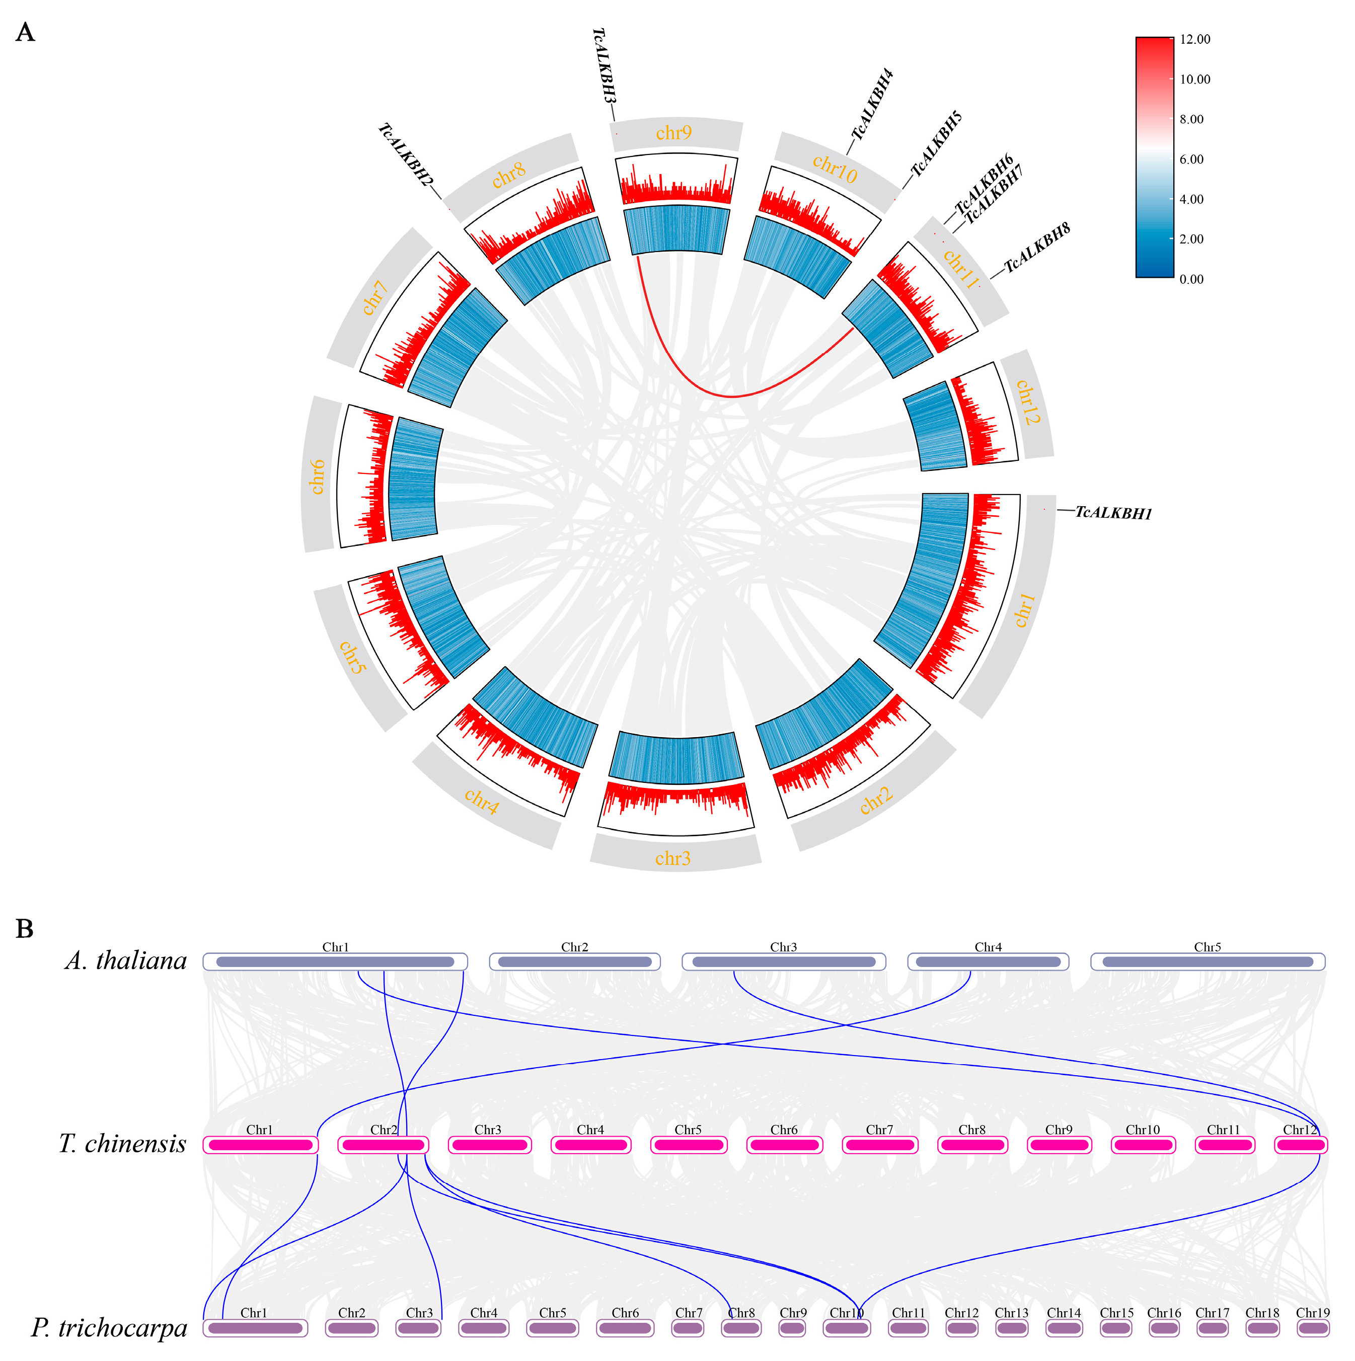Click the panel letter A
(25, 32)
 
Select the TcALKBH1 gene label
(1113, 513)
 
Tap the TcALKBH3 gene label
(604, 65)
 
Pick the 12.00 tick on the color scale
(1195, 39)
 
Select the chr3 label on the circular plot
(673, 858)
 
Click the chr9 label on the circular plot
(673, 132)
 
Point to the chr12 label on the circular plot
(1027, 403)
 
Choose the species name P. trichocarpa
(109, 1328)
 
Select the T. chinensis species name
(123, 1144)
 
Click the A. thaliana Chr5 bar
(1207, 962)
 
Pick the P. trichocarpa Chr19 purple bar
(1313, 1328)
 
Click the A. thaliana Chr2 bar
(574, 962)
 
